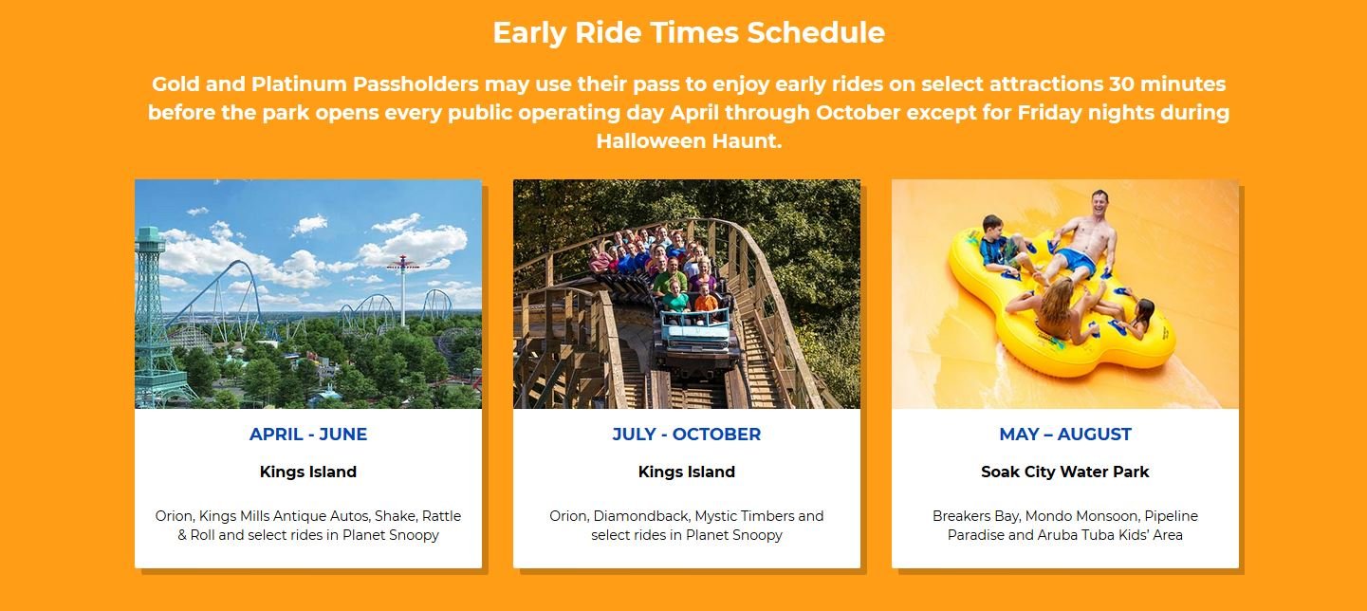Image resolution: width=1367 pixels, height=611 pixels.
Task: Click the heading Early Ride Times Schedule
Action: point(689,33)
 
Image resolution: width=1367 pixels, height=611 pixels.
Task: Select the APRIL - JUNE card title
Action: point(308,434)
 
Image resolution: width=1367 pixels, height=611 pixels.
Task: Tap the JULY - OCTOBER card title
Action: point(687,434)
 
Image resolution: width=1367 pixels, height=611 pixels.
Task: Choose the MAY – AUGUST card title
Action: point(1065,434)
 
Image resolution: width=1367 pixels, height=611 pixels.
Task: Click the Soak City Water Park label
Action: point(1065,472)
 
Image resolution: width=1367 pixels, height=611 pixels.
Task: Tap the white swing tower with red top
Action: point(402,290)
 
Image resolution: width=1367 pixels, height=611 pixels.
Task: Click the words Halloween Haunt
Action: point(689,141)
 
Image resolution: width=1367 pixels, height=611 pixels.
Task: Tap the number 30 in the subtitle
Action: point(1121,84)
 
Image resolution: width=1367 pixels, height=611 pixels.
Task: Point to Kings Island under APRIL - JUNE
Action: point(308,472)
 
